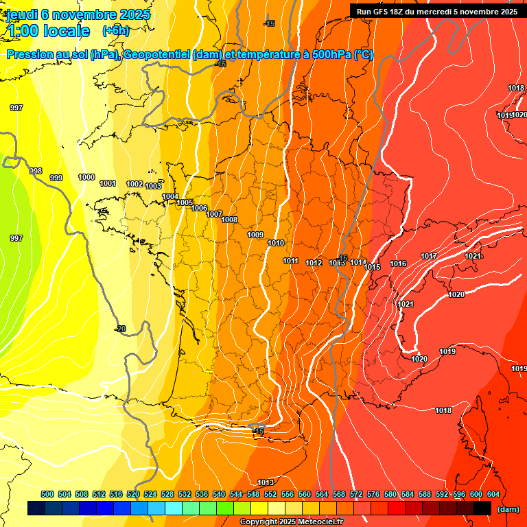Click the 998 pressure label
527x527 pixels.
coord(36,171)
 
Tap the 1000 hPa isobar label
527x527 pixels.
coord(86,178)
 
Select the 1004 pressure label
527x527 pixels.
coord(170,197)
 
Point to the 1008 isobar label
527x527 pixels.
coord(229,220)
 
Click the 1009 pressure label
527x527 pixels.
coord(255,235)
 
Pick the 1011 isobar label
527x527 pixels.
coord(291,261)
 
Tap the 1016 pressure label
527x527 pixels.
coord(398,264)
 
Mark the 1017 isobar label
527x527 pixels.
coord(429,257)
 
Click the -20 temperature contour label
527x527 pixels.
coord(120,329)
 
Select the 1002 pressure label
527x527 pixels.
coord(134,185)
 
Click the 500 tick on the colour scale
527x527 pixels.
coord(47,494)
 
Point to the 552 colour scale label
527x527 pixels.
coord(270,494)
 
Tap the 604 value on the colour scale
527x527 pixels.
coord(493,494)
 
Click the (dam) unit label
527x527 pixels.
coord(508,509)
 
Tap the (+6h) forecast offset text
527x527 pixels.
coord(115,30)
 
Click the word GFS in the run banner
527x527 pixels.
coord(381,12)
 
